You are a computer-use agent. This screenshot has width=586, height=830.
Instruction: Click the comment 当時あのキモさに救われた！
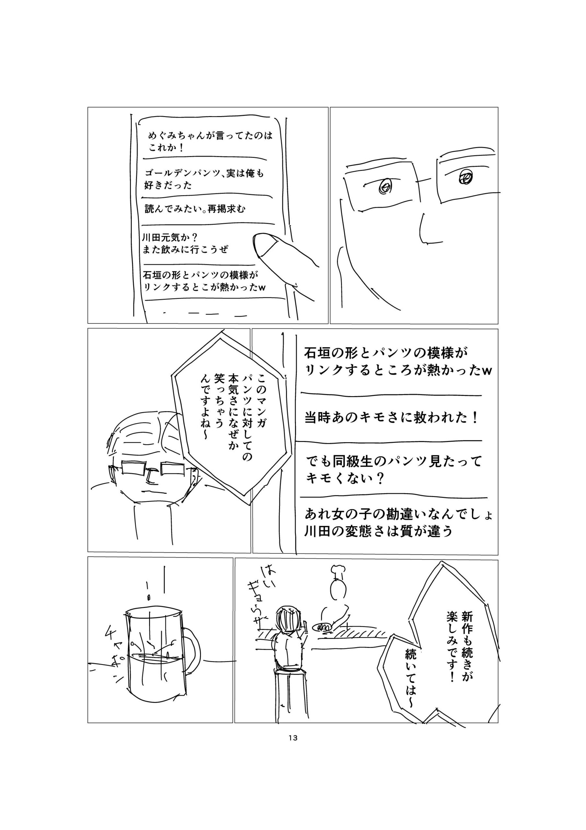click(392, 418)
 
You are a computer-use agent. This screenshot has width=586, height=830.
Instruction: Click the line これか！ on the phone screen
click(167, 148)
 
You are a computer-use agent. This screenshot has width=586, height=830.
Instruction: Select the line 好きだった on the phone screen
click(168, 185)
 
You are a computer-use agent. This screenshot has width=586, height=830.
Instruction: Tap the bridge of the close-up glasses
click(428, 179)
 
